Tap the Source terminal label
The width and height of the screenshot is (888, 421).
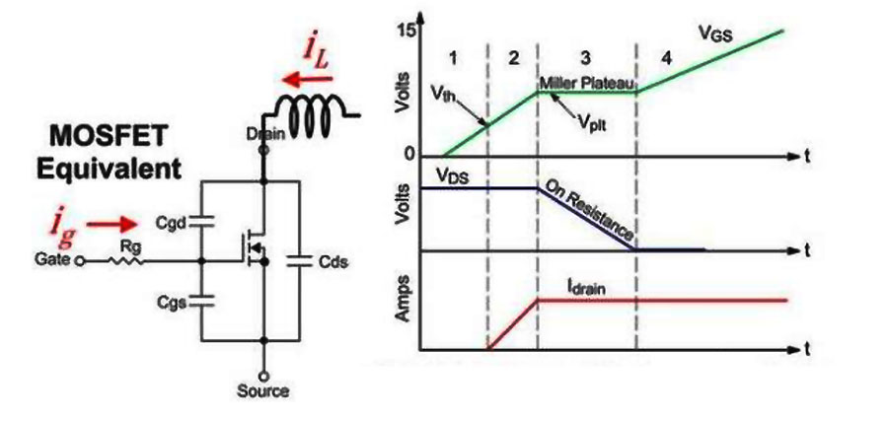263,390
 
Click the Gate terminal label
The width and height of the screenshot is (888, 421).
51,262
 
